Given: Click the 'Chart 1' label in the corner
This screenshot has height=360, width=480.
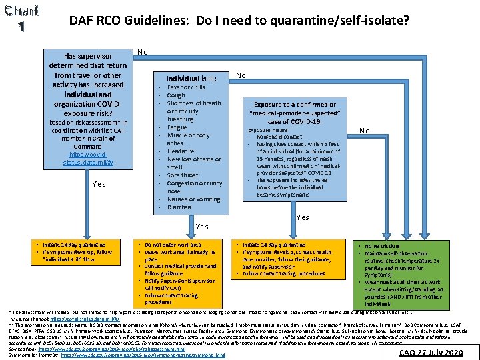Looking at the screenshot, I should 21,19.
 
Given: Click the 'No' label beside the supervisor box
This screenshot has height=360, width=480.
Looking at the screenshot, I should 142,52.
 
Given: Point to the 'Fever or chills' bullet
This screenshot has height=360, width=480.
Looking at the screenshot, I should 186,87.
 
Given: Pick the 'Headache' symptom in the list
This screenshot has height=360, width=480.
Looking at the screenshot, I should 181,151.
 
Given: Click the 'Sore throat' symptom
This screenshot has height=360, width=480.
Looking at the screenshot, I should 183,175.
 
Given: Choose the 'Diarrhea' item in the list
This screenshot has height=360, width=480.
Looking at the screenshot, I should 179,207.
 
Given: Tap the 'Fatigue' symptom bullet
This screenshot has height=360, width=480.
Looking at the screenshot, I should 177,127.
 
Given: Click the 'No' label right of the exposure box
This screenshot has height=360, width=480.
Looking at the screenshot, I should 365,131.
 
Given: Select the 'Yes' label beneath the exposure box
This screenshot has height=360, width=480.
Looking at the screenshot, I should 303,217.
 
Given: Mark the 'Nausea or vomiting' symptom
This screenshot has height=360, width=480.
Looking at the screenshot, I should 193,199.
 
